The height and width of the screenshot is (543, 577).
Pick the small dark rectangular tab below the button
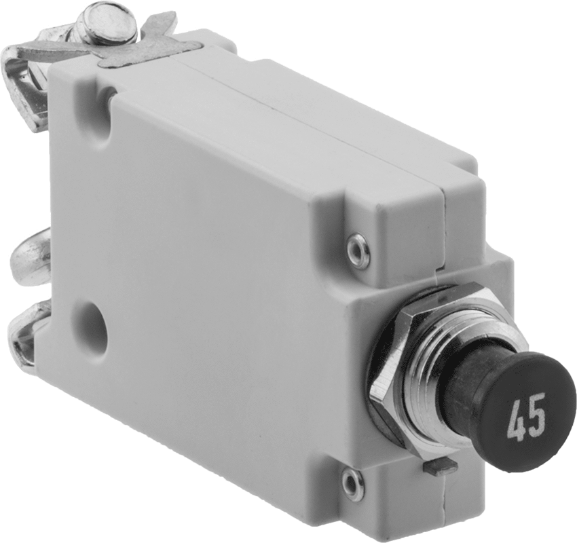pos(441,466)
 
